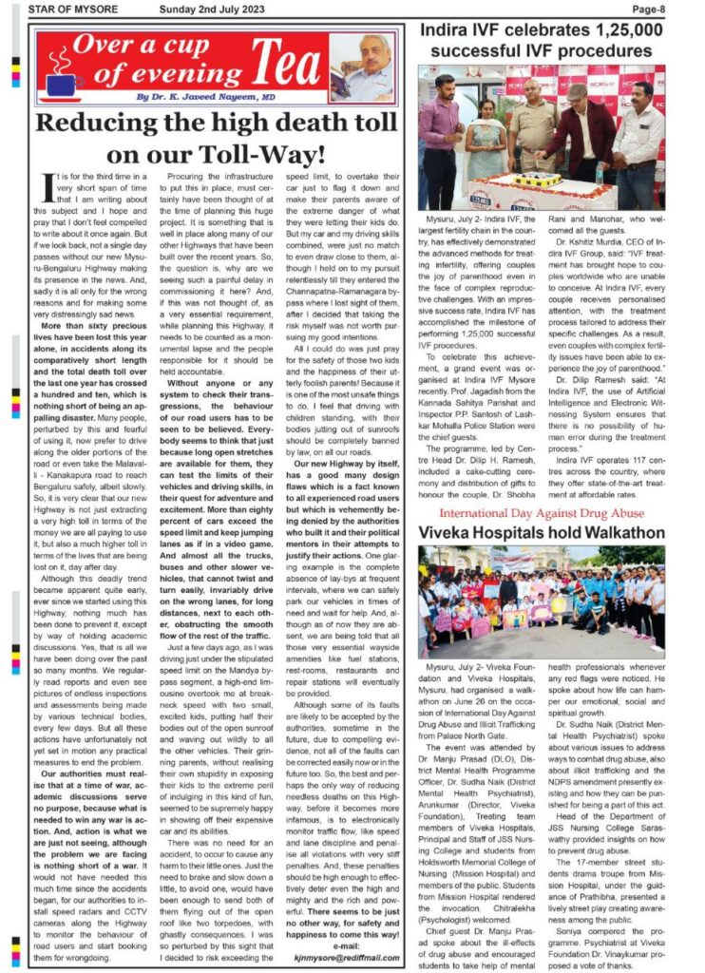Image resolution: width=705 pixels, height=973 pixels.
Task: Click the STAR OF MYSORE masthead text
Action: pos(73,10)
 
